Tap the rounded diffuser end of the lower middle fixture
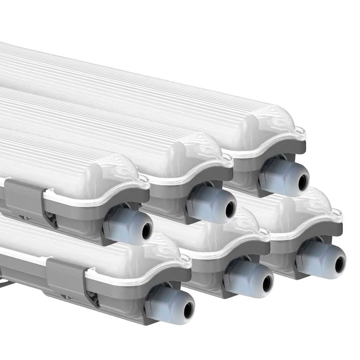point(241,230)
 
